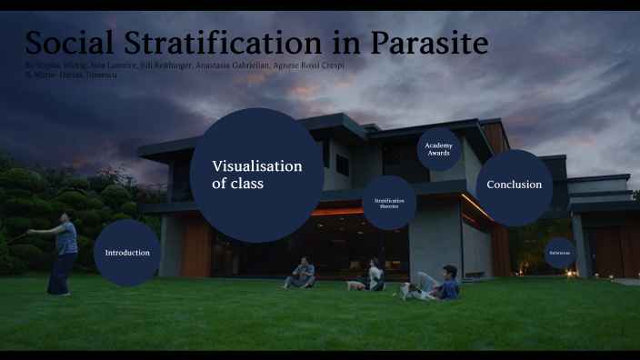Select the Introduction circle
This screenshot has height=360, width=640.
coord(127,253)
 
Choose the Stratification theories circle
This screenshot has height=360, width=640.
coord(389,203)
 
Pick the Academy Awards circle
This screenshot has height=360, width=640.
coord(440,149)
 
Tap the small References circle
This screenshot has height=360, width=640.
coord(559,253)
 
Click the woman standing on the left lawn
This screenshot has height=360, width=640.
coord(64,252)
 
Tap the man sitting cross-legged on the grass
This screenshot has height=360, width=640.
coord(302,274)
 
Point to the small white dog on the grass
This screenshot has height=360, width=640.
coord(355,285)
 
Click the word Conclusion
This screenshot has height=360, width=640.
coord(514,185)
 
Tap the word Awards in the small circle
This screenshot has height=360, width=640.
coord(440,154)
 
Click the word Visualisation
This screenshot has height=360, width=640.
coord(256,166)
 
